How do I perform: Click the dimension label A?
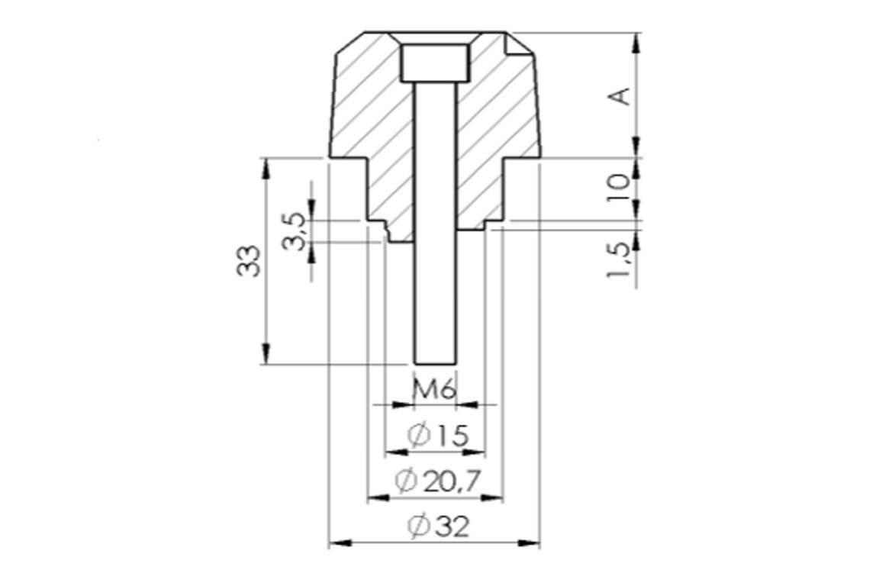click(x=621, y=96)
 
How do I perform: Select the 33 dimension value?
click(x=248, y=260)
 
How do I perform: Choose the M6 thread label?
click(x=434, y=389)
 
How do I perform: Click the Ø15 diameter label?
click(x=437, y=435)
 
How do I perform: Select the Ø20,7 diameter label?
click(x=439, y=481)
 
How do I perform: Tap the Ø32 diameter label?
click(x=439, y=526)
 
